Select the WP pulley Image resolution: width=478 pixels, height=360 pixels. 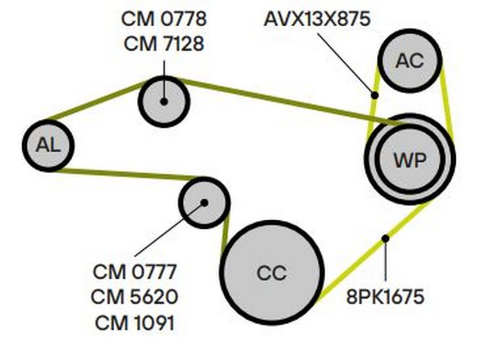410,159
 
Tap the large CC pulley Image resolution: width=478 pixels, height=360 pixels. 272,272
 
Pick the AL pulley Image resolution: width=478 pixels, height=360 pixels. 48,144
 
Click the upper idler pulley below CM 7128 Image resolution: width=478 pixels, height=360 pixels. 164,101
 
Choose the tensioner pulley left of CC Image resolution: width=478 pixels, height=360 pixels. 204,202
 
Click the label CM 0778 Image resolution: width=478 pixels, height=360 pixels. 164,19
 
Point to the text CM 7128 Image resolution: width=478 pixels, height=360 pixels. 164,44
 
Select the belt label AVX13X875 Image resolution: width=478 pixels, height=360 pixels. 317,19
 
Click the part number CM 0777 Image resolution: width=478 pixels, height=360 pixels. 135,272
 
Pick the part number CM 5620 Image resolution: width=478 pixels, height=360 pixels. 135,297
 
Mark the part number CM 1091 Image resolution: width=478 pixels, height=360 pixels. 135,322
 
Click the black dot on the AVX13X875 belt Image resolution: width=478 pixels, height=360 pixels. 375,94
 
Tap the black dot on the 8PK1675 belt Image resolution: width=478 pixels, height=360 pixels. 385,238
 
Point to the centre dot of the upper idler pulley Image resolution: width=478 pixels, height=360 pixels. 164,101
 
